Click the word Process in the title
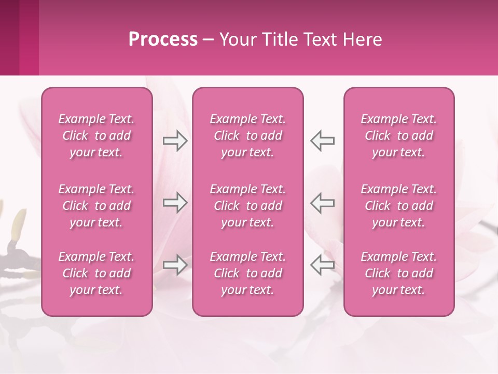(x=163, y=39)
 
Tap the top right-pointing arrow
(x=175, y=141)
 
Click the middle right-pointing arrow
(x=175, y=203)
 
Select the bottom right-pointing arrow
(x=175, y=265)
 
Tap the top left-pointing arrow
(x=322, y=141)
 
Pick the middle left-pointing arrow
(x=322, y=203)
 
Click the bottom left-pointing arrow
(x=322, y=265)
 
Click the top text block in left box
(x=96, y=136)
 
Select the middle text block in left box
(x=96, y=206)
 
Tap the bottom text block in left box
(x=96, y=273)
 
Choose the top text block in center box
(x=247, y=136)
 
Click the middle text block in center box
(x=247, y=206)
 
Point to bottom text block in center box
(x=247, y=273)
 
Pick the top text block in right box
(x=398, y=136)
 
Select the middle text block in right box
(x=398, y=206)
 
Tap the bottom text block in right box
(x=398, y=273)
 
